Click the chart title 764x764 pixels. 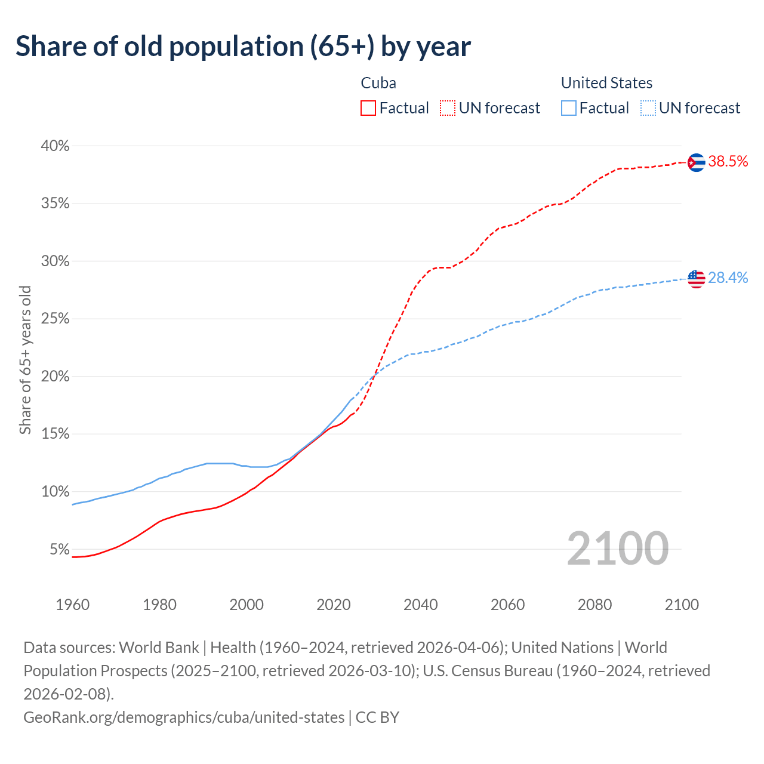243,47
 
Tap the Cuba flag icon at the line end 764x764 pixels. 696,162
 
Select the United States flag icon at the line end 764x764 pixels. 696,279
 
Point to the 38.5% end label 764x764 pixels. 728,161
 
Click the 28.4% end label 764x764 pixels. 728,278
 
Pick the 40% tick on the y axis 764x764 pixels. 55,146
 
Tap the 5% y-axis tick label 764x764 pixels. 59,549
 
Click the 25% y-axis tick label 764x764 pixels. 55,319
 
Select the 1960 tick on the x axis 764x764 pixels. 73,605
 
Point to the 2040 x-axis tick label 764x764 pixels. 421,605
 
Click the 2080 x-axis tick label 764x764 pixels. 595,605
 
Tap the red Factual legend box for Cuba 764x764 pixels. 368,108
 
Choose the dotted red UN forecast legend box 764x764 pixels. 448,108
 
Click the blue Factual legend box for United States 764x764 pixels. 569,108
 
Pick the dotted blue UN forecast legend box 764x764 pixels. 648,108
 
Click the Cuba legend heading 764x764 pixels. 378,83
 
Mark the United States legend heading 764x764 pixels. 606,83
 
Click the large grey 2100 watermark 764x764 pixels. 618,548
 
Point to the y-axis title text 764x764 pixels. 25,359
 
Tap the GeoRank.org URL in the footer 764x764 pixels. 184,717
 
